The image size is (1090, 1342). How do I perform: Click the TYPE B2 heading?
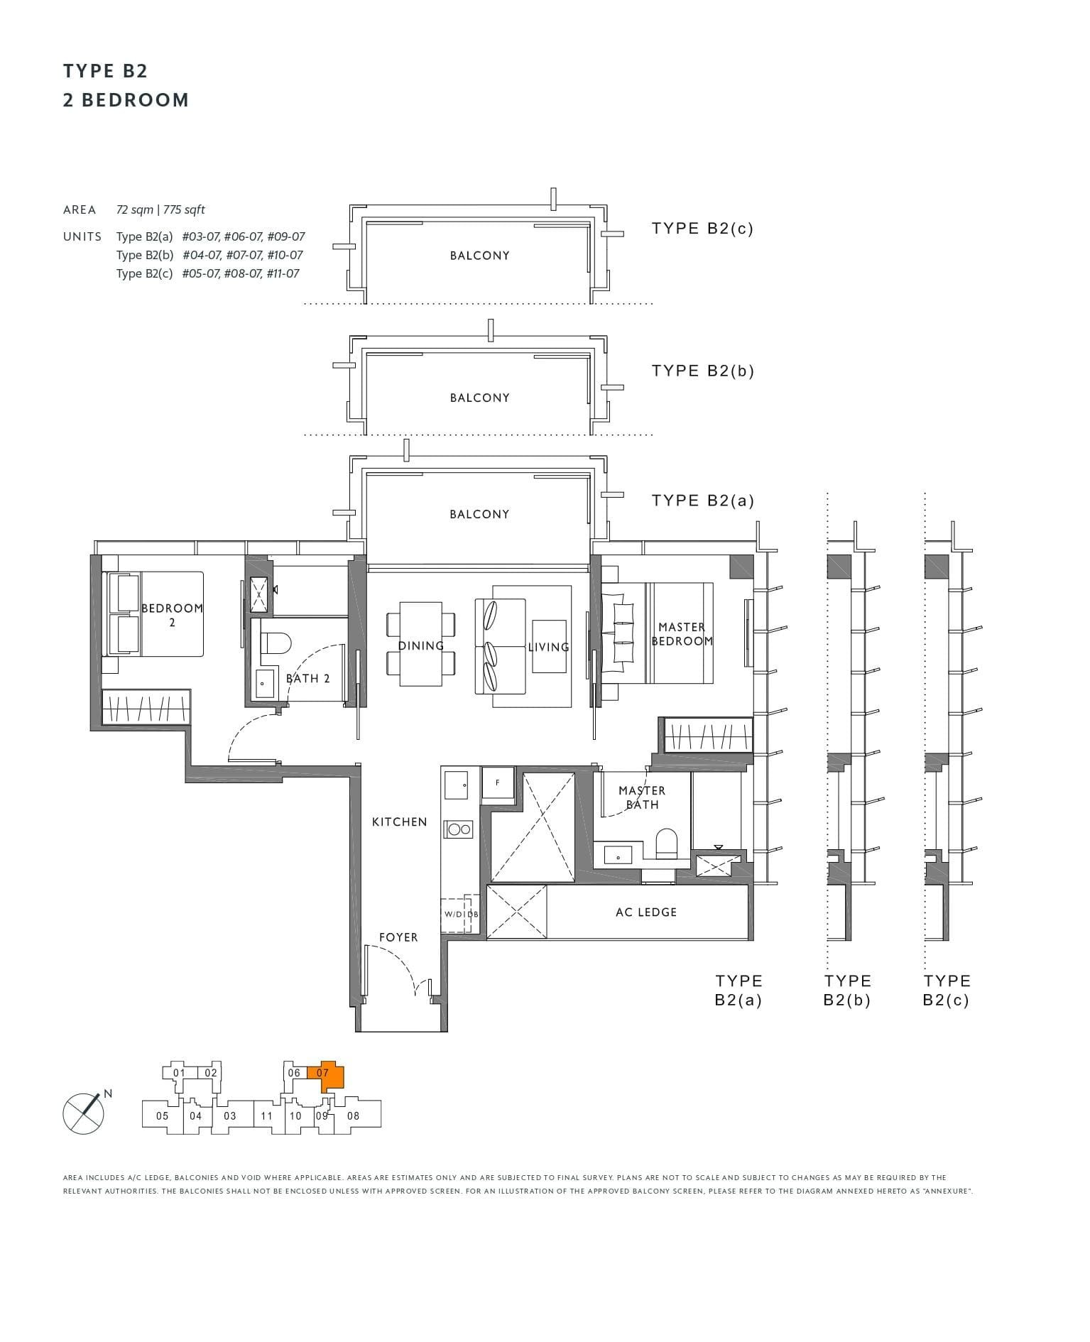pyautogui.click(x=105, y=71)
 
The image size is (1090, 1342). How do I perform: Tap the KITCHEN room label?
pyautogui.click(x=399, y=822)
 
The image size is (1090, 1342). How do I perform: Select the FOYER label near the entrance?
pyautogui.click(x=398, y=937)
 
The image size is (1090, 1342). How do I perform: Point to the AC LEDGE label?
pyautogui.click(x=645, y=912)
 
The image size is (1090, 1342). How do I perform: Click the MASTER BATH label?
pyautogui.click(x=642, y=797)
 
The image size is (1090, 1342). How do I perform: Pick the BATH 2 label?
pyautogui.click(x=308, y=679)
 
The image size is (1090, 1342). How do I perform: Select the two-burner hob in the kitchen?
pyautogui.click(x=458, y=829)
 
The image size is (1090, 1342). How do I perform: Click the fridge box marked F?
pyautogui.click(x=497, y=783)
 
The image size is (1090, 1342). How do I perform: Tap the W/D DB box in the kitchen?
pyautogui.click(x=461, y=913)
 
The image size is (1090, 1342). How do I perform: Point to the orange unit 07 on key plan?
pyautogui.click(x=329, y=1079)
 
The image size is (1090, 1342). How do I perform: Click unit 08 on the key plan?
pyautogui.click(x=353, y=1115)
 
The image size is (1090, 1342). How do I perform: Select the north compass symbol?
pyautogui.click(x=84, y=1113)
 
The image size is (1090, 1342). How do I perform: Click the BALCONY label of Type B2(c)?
pyautogui.click(x=479, y=256)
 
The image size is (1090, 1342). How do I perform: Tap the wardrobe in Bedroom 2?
pyautogui.click(x=146, y=707)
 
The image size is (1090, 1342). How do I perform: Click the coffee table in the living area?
pyautogui.click(x=549, y=646)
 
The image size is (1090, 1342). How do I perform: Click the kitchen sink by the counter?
pyautogui.click(x=456, y=785)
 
